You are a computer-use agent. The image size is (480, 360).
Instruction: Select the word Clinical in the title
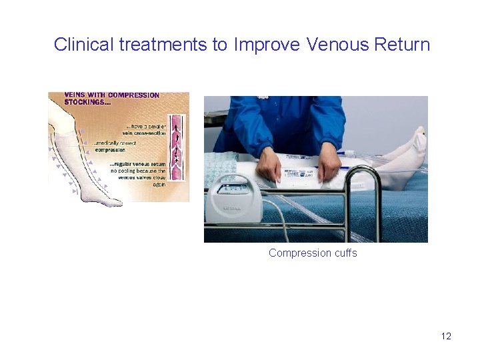(83, 45)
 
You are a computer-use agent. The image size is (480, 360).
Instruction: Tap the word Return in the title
(402, 45)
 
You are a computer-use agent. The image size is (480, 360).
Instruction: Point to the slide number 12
(446, 336)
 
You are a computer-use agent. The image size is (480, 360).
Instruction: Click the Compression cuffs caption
(313, 253)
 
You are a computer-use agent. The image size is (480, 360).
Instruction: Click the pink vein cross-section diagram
(177, 147)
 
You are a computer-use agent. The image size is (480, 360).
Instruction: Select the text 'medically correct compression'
(120, 146)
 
